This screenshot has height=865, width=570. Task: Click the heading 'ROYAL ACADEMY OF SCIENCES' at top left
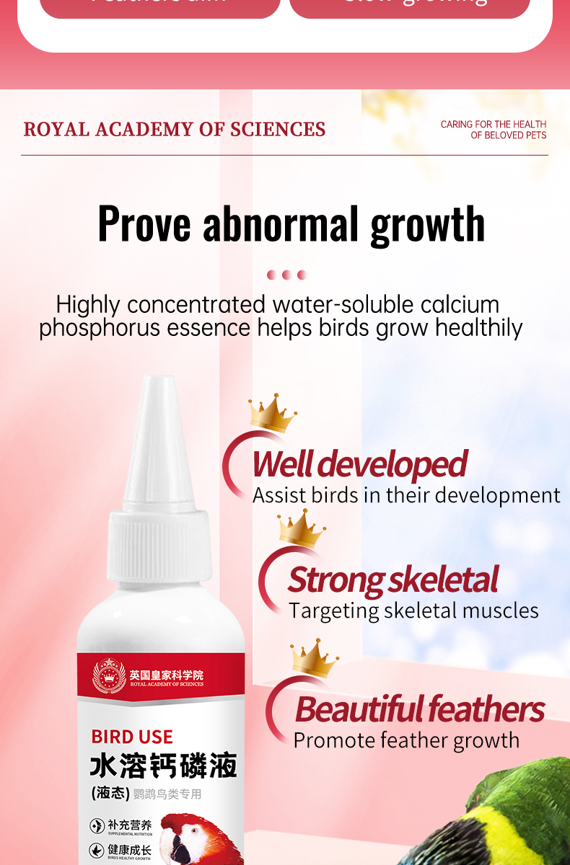pos(175,130)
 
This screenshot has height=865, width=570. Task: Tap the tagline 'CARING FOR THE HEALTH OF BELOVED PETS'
pos(494,130)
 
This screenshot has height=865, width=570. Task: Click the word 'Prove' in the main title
pos(144,223)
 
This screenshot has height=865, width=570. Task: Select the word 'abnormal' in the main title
pos(281,223)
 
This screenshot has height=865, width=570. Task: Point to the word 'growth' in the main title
pos(427,225)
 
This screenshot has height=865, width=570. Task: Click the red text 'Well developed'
pos(359,464)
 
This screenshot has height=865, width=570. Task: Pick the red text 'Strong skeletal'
pos(393,580)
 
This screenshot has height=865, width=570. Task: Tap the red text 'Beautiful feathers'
pos(419,709)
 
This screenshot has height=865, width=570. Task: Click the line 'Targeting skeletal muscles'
pos(413,611)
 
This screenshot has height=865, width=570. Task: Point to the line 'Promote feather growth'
pos(406,740)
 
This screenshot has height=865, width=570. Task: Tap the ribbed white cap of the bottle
pos(159,548)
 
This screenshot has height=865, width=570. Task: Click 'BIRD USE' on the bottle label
pos(132,737)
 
